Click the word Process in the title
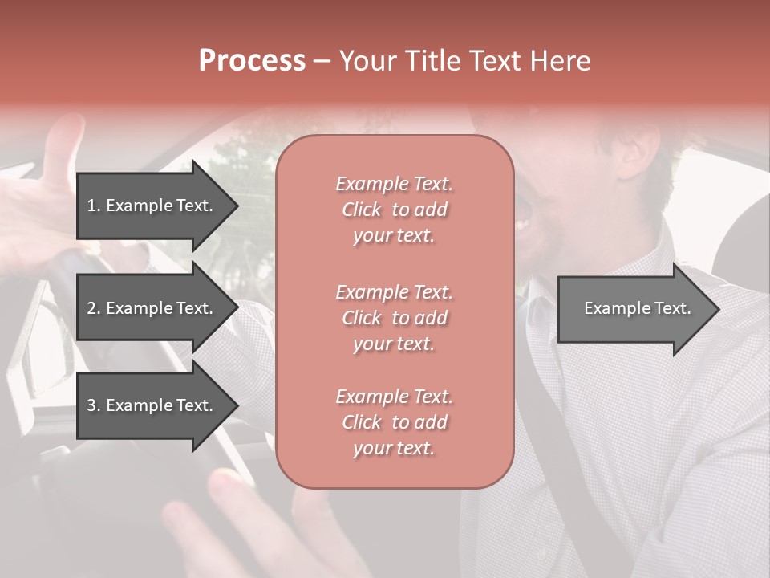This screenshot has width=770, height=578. (252, 61)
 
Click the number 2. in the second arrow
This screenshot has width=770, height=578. (94, 308)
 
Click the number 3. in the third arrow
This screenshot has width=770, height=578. (94, 405)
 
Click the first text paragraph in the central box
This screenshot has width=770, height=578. (394, 210)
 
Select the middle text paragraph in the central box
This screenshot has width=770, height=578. (394, 318)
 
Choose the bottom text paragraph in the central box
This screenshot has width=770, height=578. (394, 422)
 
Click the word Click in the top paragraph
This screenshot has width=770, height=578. (362, 210)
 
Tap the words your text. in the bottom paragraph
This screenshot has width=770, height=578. (394, 448)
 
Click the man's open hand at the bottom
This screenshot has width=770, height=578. (241, 522)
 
